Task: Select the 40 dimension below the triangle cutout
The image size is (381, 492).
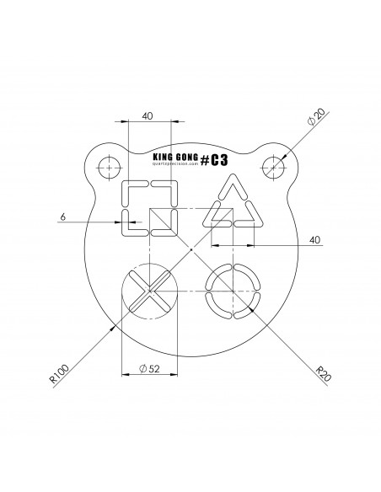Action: coord(315,240)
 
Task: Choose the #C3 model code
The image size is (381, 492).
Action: coord(216,158)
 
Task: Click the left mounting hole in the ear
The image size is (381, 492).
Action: coord(107,167)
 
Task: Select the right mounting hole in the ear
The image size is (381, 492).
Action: coord(273,167)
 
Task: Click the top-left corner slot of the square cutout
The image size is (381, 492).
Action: coord(131,190)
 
